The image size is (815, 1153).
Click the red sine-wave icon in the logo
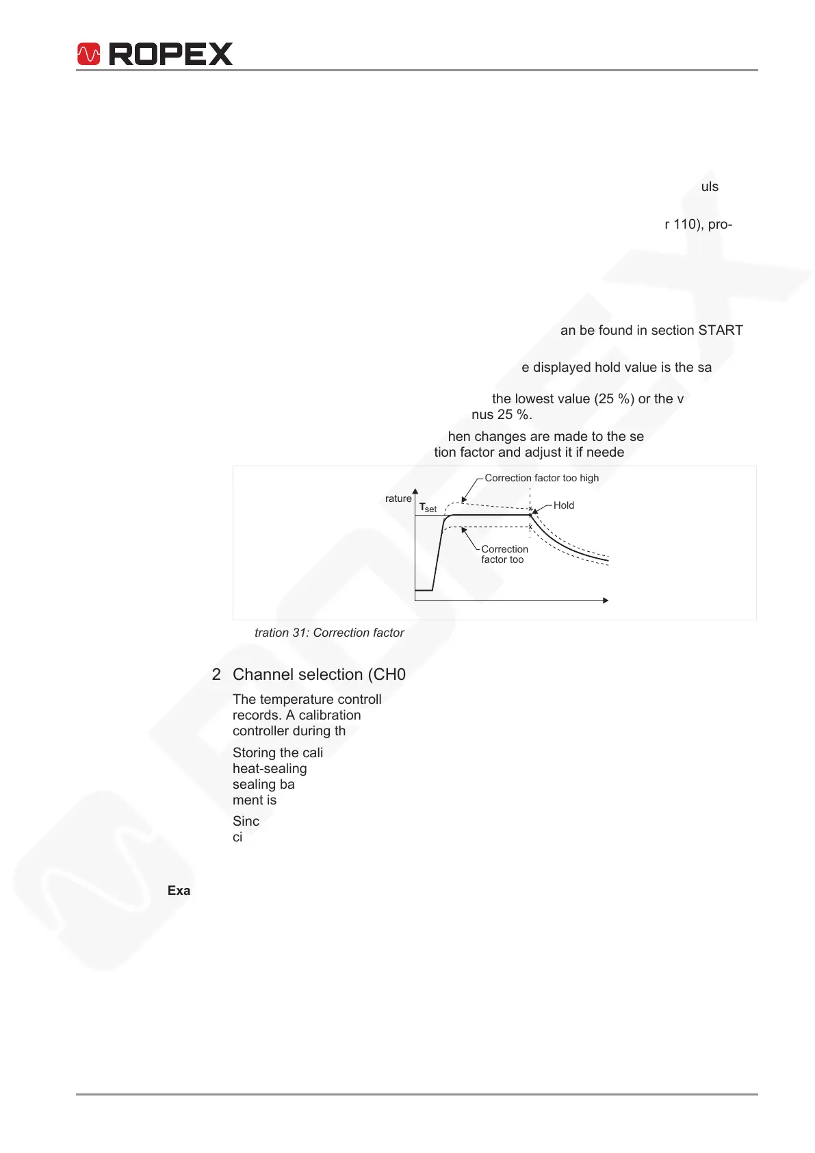click(89, 54)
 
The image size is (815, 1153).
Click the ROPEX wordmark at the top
click(171, 54)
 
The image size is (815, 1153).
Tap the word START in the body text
click(720, 331)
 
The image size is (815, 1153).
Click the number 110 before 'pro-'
click(686, 225)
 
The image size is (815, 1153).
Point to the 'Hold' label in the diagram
click(564, 505)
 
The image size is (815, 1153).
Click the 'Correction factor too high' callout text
click(541, 478)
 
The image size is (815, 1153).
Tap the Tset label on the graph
click(428, 508)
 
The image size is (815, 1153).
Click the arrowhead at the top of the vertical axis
click(415, 490)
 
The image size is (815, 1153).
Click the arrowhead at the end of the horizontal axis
click(605, 600)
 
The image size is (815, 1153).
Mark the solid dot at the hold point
click(531, 514)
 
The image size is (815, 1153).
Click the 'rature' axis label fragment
click(398, 498)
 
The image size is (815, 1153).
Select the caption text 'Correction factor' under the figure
click(359, 633)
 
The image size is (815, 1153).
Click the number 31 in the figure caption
click(299, 633)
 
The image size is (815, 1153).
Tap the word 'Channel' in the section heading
click(260, 674)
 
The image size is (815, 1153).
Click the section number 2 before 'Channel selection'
click(216, 674)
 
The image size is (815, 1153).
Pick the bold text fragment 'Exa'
click(179, 891)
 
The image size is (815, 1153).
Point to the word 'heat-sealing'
click(270, 768)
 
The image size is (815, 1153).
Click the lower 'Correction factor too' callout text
click(504, 554)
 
